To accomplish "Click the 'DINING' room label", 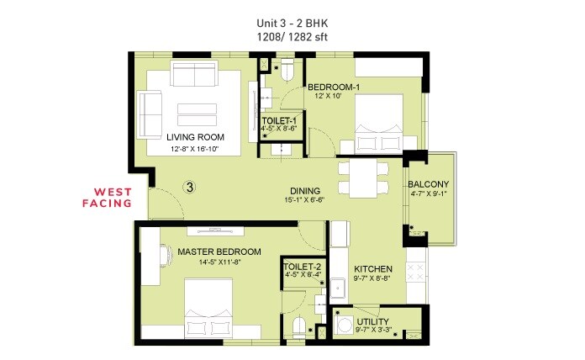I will (x=303, y=190).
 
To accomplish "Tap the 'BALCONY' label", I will (x=429, y=185).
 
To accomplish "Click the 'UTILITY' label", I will (x=372, y=322).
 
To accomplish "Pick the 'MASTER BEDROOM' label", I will (x=219, y=251).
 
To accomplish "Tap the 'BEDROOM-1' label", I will (x=334, y=87).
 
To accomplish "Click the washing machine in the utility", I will (x=345, y=323).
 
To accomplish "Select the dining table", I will (x=364, y=177).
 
